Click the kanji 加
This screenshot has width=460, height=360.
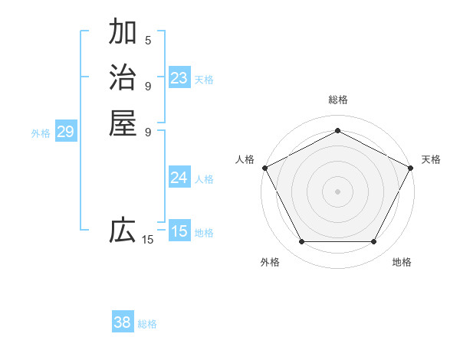pyautogui.click(x=123, y=32)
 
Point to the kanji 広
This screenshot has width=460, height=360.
pyautogui.click(x=123, y=230)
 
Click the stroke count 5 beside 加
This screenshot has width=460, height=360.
pyautogui.click(x=148, y=40)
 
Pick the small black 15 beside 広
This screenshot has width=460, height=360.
pyautogui.click(x=148, y=240)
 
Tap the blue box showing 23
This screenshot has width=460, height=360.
pyautogui.click(x=179, y=78)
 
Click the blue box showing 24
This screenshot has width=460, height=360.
pyautogui.click(x=179, y=178)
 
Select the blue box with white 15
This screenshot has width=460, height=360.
pyautogui.click(x=179, y=231)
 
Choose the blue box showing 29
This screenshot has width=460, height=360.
pyautogui.click(x=66, y=132)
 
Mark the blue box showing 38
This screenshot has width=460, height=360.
pyautogui.click(x=123, y=322)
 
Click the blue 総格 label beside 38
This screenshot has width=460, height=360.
pyautogui.click(x=147, y=324)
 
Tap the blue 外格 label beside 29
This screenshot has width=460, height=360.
pyautogui.click(x=41, y=133)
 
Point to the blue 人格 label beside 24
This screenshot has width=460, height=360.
pyautogui.click(x=204, y=179)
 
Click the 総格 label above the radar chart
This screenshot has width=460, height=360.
pyautogui.click(x=337, y=100)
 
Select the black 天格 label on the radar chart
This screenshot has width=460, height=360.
pyautogui.click(x=431, y=159)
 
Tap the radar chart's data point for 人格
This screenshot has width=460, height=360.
pyautogui.click(x=264, y=167)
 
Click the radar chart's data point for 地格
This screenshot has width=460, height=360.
pyautogui.click(x=373, y=242)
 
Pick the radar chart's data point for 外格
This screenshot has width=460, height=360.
pyautogui.click(x=301, y=242)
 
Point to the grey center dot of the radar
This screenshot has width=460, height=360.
pyautogui.click(x=337, y=191)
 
